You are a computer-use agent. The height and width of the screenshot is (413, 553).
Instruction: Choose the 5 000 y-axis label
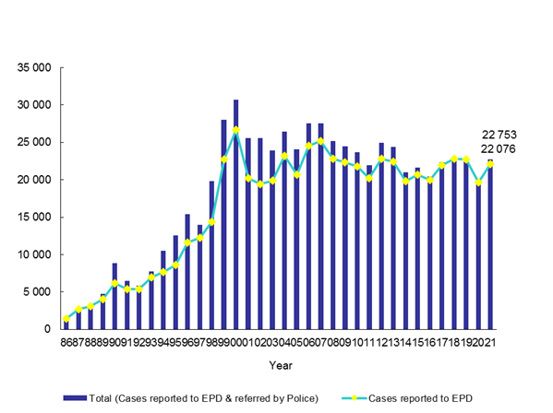(x=36, y=292)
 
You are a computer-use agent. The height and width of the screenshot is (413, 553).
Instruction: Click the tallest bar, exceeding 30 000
(x=235, y=214)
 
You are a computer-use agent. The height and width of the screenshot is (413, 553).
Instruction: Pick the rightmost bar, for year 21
(x=490, y=244)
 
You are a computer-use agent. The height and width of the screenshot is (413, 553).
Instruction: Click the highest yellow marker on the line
(x=235, y=130)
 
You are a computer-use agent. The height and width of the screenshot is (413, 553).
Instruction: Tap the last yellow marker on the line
(x=490, y=164)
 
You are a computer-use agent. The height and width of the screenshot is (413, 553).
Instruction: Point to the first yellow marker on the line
(x=66, y=319)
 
